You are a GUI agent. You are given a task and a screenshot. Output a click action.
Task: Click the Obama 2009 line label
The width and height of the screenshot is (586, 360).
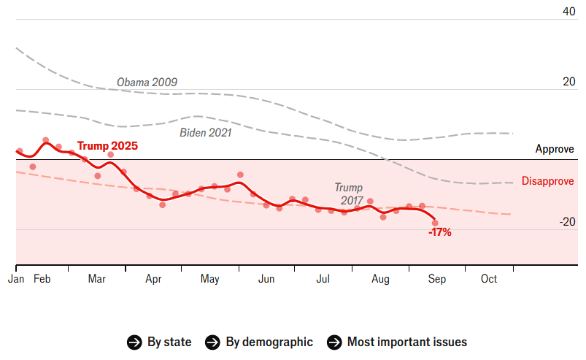[x=147, y=82]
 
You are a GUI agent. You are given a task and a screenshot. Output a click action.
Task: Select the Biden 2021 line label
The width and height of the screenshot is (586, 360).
[x=206, y=133]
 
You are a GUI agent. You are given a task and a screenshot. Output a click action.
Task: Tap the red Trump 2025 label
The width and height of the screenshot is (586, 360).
[x=107, y=145]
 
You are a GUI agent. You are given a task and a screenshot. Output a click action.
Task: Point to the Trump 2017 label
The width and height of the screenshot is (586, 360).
[x=348, y=194]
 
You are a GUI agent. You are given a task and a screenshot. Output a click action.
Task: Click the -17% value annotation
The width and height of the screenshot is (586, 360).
[x=439, y=233]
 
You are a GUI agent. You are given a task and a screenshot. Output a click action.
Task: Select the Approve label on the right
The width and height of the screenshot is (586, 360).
[x=555, y=149]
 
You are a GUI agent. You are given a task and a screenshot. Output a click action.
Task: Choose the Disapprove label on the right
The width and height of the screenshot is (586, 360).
[x=547, y=181]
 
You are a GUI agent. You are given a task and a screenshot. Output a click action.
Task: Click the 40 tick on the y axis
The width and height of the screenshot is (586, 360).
[x=568, y=11]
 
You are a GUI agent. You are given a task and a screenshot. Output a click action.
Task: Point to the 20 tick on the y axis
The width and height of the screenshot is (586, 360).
[x=568, y=81]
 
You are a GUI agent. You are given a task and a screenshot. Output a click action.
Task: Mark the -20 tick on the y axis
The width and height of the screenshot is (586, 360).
[x=566, y=222]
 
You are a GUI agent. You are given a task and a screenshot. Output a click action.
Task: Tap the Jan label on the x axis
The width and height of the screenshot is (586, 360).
[x=16, y=279]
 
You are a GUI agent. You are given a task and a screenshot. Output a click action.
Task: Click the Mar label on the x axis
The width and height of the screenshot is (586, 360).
[x=96, y=279]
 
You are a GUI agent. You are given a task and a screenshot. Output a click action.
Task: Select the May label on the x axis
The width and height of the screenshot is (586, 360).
[x=209, y=279]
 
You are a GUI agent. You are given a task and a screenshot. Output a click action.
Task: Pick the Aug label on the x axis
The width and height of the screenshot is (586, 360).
[x=380, y=279]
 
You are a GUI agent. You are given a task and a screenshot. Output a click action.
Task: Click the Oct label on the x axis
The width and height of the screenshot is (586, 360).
[x=489, y=279]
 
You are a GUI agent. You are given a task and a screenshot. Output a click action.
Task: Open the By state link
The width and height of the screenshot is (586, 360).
[x=169, y=342]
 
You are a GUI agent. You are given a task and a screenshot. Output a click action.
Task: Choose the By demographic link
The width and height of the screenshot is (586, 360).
[x=269, y=342]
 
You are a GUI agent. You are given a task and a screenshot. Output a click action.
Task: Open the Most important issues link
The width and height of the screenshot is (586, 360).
[x=406, y=342]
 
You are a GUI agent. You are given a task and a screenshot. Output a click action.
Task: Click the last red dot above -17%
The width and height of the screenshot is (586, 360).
[x=435, y=223]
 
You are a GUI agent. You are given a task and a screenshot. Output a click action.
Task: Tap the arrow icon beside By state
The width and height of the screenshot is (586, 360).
[x=134, y=342]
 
